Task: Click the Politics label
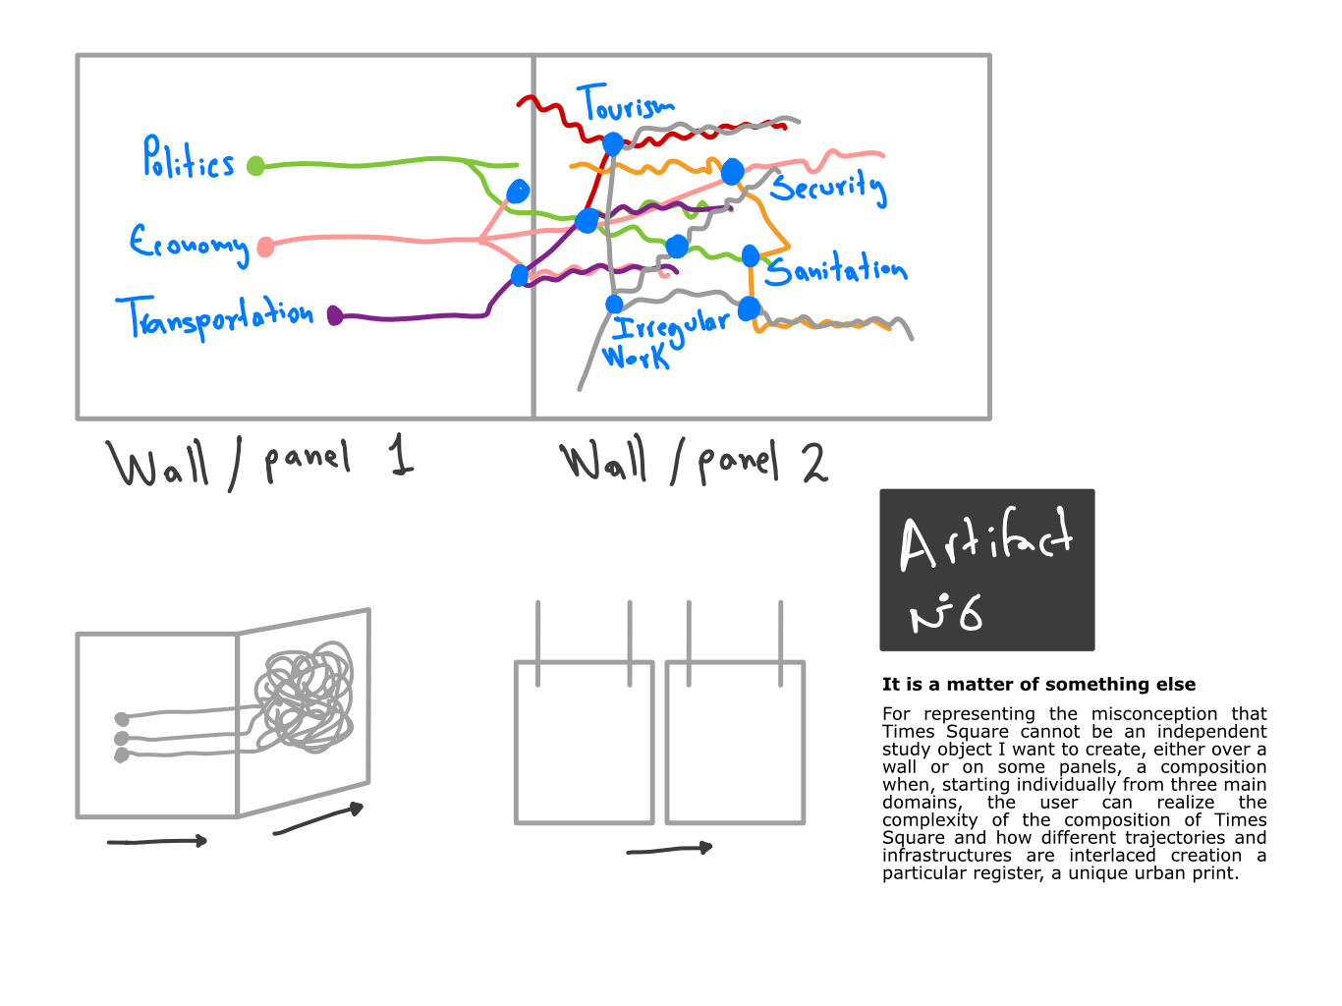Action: pyautogui.click(x=189, y=159)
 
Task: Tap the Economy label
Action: pyautogui.click(x=189, y=242)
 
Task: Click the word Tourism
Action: pyautogui.click(x=625, y=105)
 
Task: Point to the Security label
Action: pyautogui.click(x=827, y=186)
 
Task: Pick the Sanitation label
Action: pyautogui.click(x=835, y=269)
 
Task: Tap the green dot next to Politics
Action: pyautogui.click(x=255, y=165)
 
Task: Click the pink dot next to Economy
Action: pyautogui.click(x=265, y=248)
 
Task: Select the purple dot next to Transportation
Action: pyautogui.click(x=335, y=315)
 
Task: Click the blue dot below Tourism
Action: pyautogui.click(x=613, y=144)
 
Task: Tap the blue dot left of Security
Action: pyautogui.click(x=732, y=173)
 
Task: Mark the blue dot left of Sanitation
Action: pyautogui.click(x=751, y=256)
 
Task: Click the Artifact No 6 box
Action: pyautogui.click(x=986, y=570)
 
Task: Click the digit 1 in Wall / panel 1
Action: pyautogui.click(x=400, y=458)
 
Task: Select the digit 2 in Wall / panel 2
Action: pyautogui.click(x=814, y=463)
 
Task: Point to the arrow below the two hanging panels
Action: pyautogui.click(x=670, y=849)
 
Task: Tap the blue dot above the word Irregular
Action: pyautogui.click(x=614, y=304)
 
